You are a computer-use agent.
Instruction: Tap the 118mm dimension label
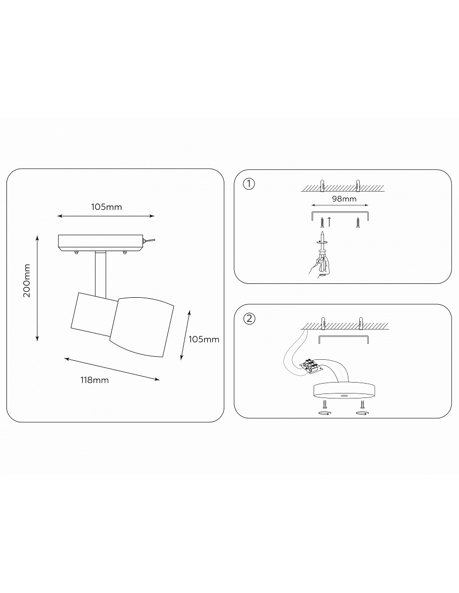coord(94,380)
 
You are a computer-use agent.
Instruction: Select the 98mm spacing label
coord(344,198)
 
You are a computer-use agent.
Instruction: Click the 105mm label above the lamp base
coord(107,207)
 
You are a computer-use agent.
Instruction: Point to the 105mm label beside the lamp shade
coord(204,339)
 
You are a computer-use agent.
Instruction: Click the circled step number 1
coord(249,184)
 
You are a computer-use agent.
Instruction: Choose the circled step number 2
coord(249,319)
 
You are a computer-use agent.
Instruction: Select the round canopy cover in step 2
coord(344,391)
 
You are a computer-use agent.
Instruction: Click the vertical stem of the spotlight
coord(101,273)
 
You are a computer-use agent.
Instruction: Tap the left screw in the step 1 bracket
coord(322,222)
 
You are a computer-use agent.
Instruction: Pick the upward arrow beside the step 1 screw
coord(329,222)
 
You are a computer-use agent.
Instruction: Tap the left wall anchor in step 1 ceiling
coord(322,185)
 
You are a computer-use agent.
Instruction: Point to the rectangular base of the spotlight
coord(100,243)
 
